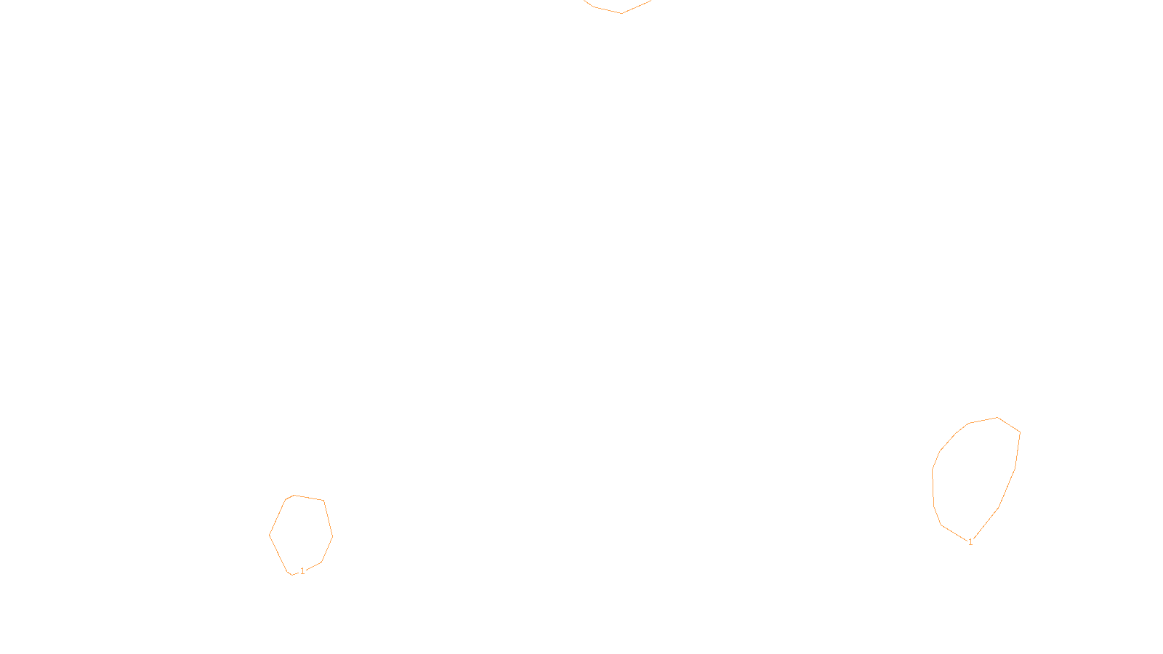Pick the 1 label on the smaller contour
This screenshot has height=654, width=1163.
pos(302,571)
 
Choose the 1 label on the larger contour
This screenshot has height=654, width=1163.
pos(970,542)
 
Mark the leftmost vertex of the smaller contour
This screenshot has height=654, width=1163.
pos(270,536)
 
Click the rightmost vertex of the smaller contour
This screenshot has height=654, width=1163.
pos(332,537)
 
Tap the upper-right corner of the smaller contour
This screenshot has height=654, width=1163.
pos(323,501)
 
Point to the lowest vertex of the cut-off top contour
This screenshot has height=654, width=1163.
pos(621,13)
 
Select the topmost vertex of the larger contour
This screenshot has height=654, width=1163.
pos(998,417)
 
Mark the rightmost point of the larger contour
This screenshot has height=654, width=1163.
pos(1020,433)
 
